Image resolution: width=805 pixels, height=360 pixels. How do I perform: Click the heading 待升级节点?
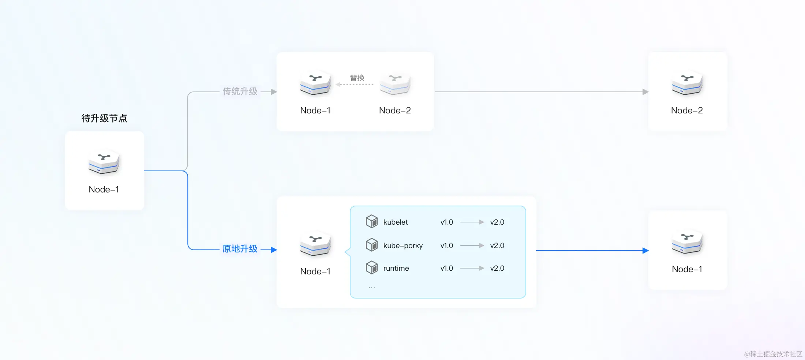click(104, 118)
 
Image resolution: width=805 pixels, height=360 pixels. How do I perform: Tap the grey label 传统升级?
click(240, 91)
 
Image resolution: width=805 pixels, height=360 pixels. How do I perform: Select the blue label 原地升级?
click(240, 249)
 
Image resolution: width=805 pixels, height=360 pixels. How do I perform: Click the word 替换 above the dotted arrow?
click(357, 78)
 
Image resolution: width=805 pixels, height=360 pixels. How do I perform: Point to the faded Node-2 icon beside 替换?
click(395, 83)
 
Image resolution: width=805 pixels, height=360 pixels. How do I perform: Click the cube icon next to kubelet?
click(372, 221)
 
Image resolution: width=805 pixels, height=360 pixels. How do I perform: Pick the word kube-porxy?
click(403, 245)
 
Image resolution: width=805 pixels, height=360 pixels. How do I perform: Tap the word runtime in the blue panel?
click(396, 268)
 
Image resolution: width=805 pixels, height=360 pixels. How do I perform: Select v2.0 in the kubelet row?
click(497, 222)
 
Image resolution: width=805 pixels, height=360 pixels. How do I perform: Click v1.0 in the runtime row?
click(446, 268)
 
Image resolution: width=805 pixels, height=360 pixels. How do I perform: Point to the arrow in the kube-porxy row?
click(472, 245)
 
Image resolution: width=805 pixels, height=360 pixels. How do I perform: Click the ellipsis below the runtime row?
click(372, 288)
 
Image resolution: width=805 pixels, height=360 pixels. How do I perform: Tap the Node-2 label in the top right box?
click(687, 110)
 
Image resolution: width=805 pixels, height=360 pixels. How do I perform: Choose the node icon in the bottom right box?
click(687, 242)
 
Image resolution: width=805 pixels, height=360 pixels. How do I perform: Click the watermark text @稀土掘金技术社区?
click(773, 354)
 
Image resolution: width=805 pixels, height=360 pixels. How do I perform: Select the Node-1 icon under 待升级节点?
click(104, 161)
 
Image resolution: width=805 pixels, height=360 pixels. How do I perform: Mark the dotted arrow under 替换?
click(355, 85)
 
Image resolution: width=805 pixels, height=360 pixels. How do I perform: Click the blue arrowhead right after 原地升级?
click(274, 250)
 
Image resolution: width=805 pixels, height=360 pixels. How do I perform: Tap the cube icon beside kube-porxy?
click(372, 245)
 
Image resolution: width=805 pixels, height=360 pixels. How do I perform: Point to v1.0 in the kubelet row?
click(446, 222)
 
